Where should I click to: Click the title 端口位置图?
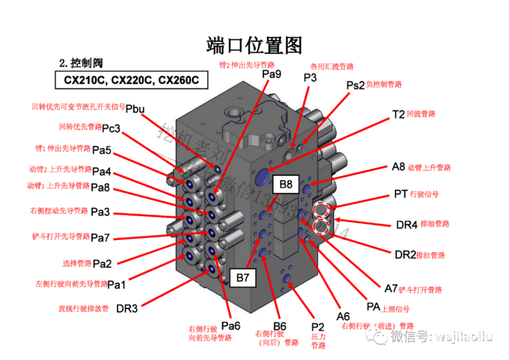point(254,45)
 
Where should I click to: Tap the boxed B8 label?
point(286,185)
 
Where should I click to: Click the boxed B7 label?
point(242,277)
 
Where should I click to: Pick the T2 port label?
point(398,115)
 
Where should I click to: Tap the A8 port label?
point(398,167)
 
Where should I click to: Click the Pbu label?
point(135,109)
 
